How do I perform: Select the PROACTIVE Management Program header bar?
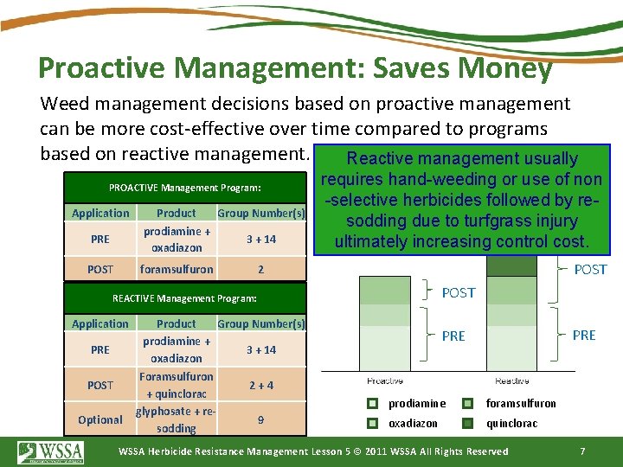click(185, 188)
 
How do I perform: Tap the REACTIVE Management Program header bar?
click(185, 298)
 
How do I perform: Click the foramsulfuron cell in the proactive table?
click(177, 269)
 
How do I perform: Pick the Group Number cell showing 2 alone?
click(260, 269)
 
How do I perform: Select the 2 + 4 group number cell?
click(260, 385)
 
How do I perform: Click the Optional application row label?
click(100, 419)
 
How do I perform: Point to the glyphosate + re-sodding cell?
click(177, 419)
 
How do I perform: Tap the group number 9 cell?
click(260, 419)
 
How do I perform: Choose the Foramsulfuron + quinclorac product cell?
click(177, 385)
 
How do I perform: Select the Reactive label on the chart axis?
click(512, 381)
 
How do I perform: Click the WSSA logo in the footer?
click(51, 452)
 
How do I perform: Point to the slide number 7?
click(582, 451)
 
